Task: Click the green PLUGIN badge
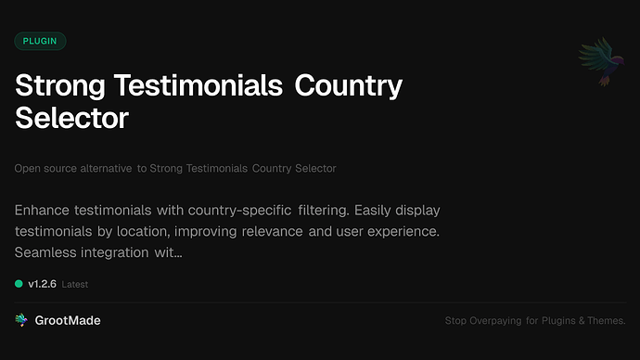pos(40,41)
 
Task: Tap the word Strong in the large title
pos(59,86)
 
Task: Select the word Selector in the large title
pos(71,118)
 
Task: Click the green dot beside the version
pos(19,284)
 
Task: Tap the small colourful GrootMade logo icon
pos(21,320)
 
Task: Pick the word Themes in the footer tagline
pos(606,321)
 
